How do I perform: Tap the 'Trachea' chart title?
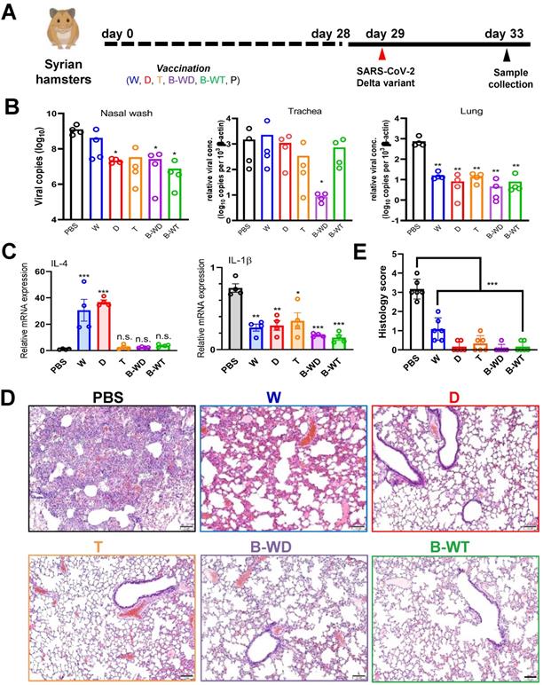(x=282, y=113)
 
